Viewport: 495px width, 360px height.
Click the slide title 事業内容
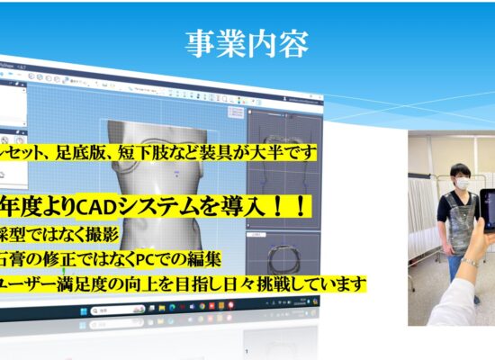click(x=247, y=42)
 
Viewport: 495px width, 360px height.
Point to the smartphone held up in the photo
click(x=487, y=216)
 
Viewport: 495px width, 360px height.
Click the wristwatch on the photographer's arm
click(x=469, y=263)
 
